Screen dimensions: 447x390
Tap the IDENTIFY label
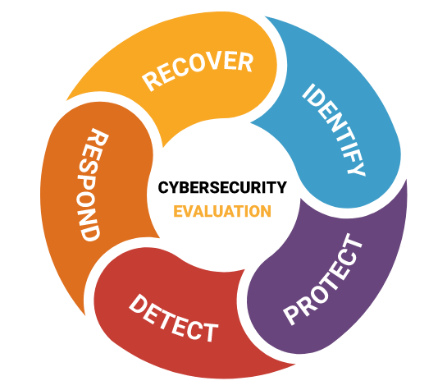334,130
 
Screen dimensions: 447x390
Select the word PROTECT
323,280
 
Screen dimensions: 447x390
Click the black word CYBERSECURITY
222,187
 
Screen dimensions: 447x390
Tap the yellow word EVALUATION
222,211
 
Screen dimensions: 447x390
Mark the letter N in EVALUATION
265,211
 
